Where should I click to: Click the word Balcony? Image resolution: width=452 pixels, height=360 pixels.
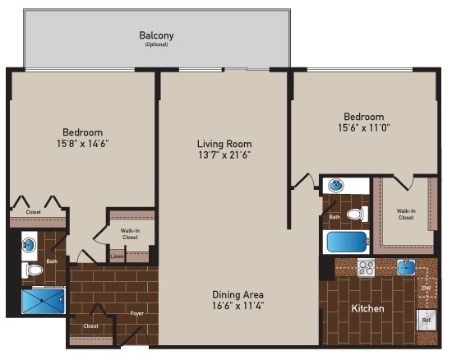point(156,35)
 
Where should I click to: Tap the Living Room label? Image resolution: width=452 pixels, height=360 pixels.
point(223,141)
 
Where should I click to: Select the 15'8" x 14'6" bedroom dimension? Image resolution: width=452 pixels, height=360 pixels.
point(82,143)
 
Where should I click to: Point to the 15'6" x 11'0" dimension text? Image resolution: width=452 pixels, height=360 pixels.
point(363,128)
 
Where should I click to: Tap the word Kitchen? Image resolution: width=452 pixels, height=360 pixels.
point(367,308)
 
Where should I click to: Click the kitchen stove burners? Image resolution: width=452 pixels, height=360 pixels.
point(366,267)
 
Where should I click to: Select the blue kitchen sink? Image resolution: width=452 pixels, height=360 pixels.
point(406,267)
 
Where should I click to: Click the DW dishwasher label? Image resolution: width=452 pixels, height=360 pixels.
point(426,288)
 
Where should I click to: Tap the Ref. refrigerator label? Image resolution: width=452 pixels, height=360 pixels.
point(427,318)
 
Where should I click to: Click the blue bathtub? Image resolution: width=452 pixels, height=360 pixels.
point(346,242)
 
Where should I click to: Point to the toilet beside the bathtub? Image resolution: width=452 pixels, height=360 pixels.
point(356,215)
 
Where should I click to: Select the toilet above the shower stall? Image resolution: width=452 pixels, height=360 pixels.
point(34,270)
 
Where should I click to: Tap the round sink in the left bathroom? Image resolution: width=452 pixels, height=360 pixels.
point(29,244)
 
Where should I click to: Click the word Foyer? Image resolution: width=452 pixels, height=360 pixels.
point(136,313)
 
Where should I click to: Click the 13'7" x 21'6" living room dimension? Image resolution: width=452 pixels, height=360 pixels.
point(223,154)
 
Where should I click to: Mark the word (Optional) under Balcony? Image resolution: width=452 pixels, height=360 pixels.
point(156,44)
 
